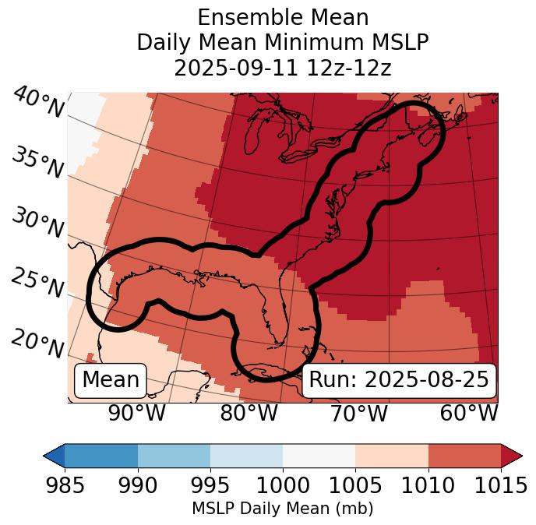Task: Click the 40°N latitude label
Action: coord(37,103)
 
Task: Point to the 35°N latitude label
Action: coord(37,163)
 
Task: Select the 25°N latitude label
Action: coord(37,284)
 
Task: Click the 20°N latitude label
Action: coord(37,344)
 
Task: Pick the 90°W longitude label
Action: coord(137,413)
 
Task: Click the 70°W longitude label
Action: coord(358,413)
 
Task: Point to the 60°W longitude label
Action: coord(468,413)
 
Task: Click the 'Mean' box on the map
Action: coord(111,380)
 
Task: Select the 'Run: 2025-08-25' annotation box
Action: coord(399,380)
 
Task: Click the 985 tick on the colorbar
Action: coord(65,485)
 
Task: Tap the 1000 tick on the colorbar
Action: coord(283,485)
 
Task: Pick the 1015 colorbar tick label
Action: coord(501,485)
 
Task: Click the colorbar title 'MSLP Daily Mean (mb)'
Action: coord(282,509)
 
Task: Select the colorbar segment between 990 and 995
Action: coord(174,455)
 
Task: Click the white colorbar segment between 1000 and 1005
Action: coord(319,455)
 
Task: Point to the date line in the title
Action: coord(282,68)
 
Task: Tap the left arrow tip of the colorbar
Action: coord(47,455)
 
